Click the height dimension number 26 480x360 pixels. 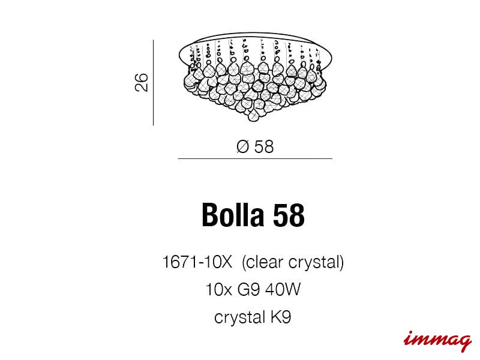[141, 82]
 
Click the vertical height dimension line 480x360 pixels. [153, 82]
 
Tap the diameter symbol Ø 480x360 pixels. [243, 146]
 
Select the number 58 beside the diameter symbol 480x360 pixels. [263, 146]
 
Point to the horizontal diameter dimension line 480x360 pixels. [255, 158]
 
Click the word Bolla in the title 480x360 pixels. [233, 215]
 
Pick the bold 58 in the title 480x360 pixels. [289, 215]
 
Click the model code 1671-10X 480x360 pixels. [197, 262]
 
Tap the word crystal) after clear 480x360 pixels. [316, 263]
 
